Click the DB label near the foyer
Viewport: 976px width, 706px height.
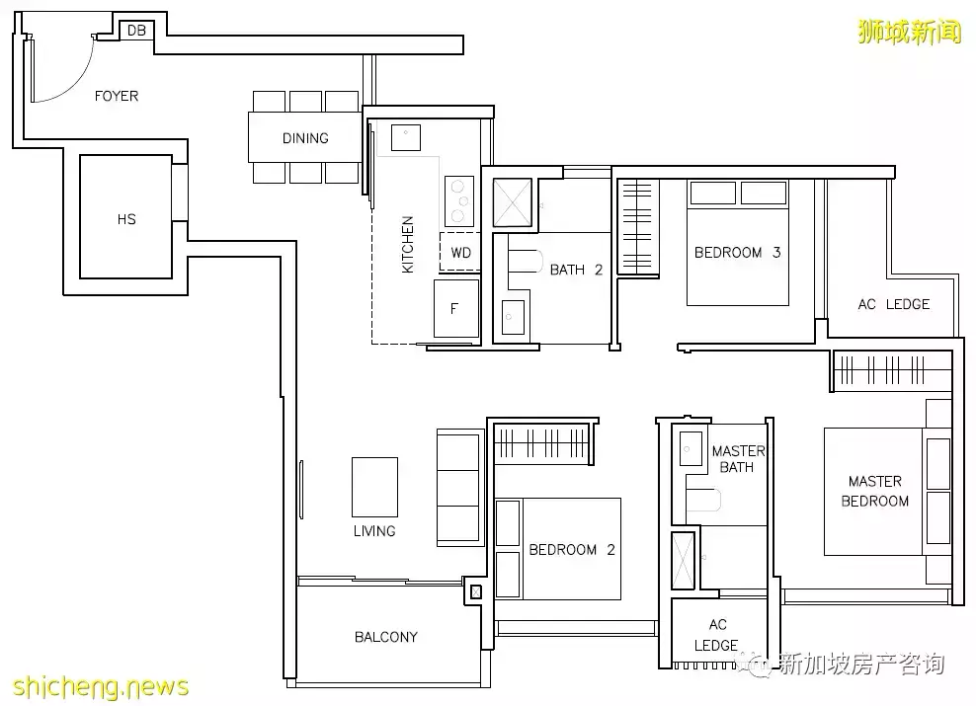click(x=136, y=30)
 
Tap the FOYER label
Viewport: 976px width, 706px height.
click(x=117, y=96)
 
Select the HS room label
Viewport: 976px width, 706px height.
click(x=126, y=219)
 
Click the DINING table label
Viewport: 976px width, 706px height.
click(x=305, y=138)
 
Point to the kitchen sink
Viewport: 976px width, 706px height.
click(x=406, y=137)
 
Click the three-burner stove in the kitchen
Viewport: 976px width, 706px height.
click(x=459, y=200)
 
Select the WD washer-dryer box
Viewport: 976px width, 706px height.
click(x=460, y=252)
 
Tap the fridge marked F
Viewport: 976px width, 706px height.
click(x=456, y=308)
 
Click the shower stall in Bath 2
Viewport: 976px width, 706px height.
click(x=513, y=202)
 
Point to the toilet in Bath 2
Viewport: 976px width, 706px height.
click(x=523, y=262)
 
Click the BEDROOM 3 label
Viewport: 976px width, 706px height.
click(x=737, y=253)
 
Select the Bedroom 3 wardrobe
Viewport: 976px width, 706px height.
click(x=638, y=227)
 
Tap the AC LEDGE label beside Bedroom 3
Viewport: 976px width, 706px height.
click(x=894, y=304)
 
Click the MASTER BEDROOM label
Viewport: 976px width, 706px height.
click(x=874, y=491)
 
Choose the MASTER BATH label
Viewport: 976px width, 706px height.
click(x=738, y=458)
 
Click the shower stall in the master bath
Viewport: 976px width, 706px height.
click(x=683, y=561)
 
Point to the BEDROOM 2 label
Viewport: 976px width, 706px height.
click(x=571, y=550)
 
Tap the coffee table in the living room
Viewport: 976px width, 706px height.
click(x=374, y=487)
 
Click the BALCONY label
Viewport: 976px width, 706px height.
click(x=386, y=637)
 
